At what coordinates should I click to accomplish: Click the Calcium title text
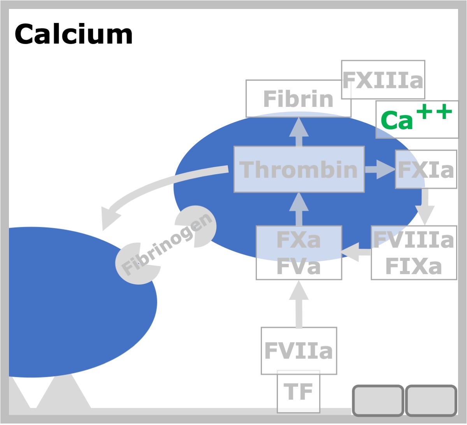pyautogui.click(x=74, y=34)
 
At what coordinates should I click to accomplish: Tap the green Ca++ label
pyautogui.click(x=416, y=117)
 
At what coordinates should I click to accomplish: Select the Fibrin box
pyautogui.click(x=298, y=99)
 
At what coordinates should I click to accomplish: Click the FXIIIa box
pyautogui.click(x=383, y=80)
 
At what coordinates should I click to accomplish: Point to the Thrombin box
pyautogui.click(x=299, y=170)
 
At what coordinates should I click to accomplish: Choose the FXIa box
pyautogui.click(x=426, y=169)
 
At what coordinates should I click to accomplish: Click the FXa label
pyautogui.click(x=298, y=240)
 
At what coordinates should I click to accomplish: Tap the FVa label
pyautogui.click(x=298, y=266)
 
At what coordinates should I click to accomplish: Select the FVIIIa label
pyautogui.click(x=413, y=240)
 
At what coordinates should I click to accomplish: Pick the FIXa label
pyautogui.click(x=413, y=266)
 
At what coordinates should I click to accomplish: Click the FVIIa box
pyautogui.click(x=298, y=351)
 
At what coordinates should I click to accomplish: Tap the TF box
pyautogui.click(x=298, y=392)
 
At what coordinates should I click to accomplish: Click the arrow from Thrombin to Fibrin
pyautogui.click(x=299, y=132)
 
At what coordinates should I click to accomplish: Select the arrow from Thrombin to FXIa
pyautogui.click(x=380, y=170)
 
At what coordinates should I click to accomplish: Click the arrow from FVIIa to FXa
pyautogui.click(x=299, y=304)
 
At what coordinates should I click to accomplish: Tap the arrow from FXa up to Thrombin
pyautogui.click(x=299, y=209)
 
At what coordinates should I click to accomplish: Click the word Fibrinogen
pyautogui.click(x=166, y=245)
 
